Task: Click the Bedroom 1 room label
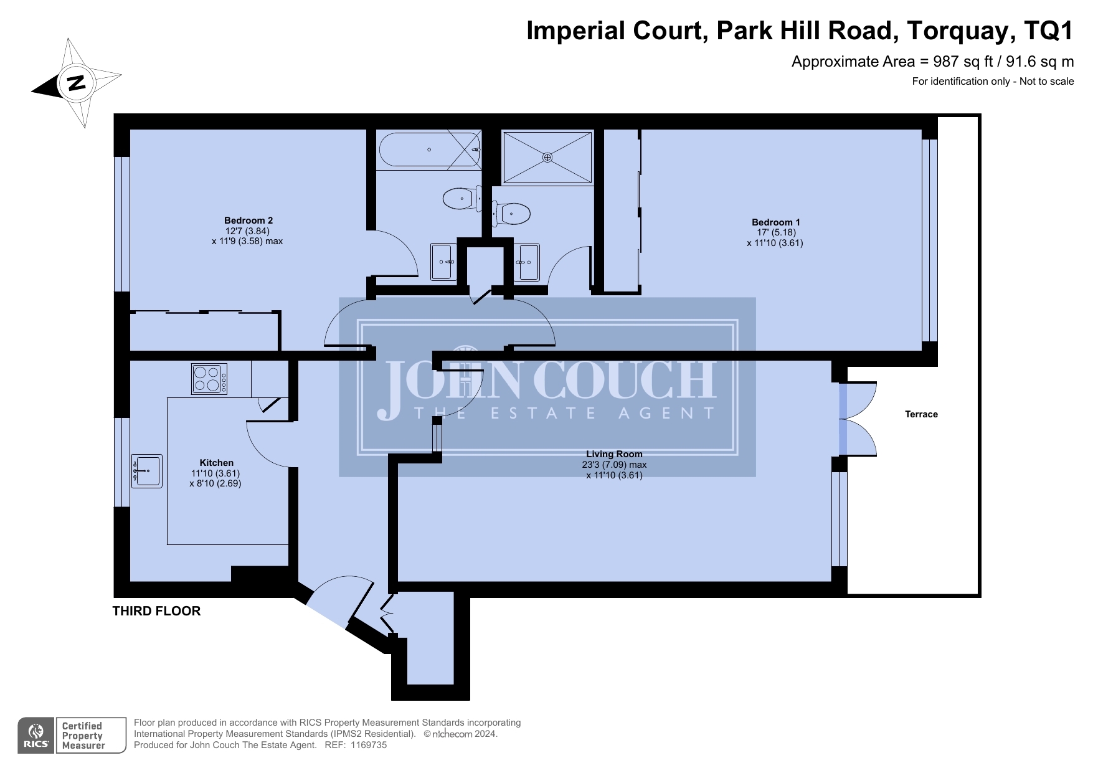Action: (x=775, y=222)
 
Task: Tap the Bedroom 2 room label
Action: (x=248, y=221)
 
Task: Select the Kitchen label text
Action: (x=216, y=463)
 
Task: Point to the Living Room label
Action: (x=614, y=454)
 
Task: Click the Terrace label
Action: (x=921, y=414)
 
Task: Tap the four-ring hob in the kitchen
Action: (x=209, y=379)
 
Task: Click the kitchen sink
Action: (x=147, y=471)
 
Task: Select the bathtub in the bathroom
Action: (x=429, y=149)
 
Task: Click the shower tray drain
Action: (x=547, y=158)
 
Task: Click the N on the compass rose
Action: (x=77, y=82)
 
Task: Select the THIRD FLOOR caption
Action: (x=156, y=611)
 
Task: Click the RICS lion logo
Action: (x=37, y=736)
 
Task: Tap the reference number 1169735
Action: (x=369, y=745)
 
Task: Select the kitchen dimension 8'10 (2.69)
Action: (x=215, y=483)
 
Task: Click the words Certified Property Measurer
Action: (x=83, y=736)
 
